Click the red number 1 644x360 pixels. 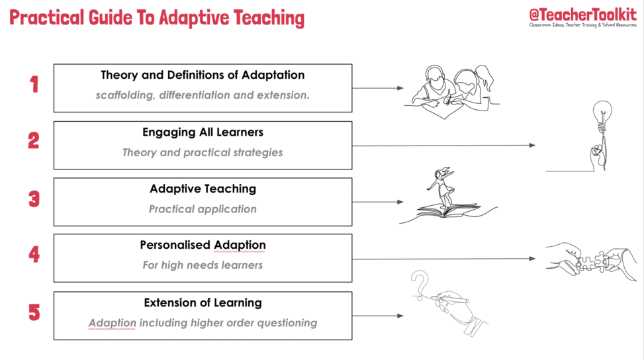(34, 84)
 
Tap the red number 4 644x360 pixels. (34, 254)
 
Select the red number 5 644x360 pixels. (34, 312)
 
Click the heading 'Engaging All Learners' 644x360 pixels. (203, 132)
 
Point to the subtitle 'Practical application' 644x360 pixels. (203, 209)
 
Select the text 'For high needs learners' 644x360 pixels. (203, 265)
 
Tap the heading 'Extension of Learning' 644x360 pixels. (203, 303)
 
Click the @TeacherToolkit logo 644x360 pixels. (583, 18)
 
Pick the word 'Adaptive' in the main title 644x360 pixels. (194, 18)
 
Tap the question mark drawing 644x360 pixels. (420, 285)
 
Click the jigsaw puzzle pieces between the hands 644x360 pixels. (592, 261)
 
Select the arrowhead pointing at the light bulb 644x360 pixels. (532, 146)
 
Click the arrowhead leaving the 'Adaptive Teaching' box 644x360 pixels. (400, 202)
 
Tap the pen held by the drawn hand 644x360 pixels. (453, 300)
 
